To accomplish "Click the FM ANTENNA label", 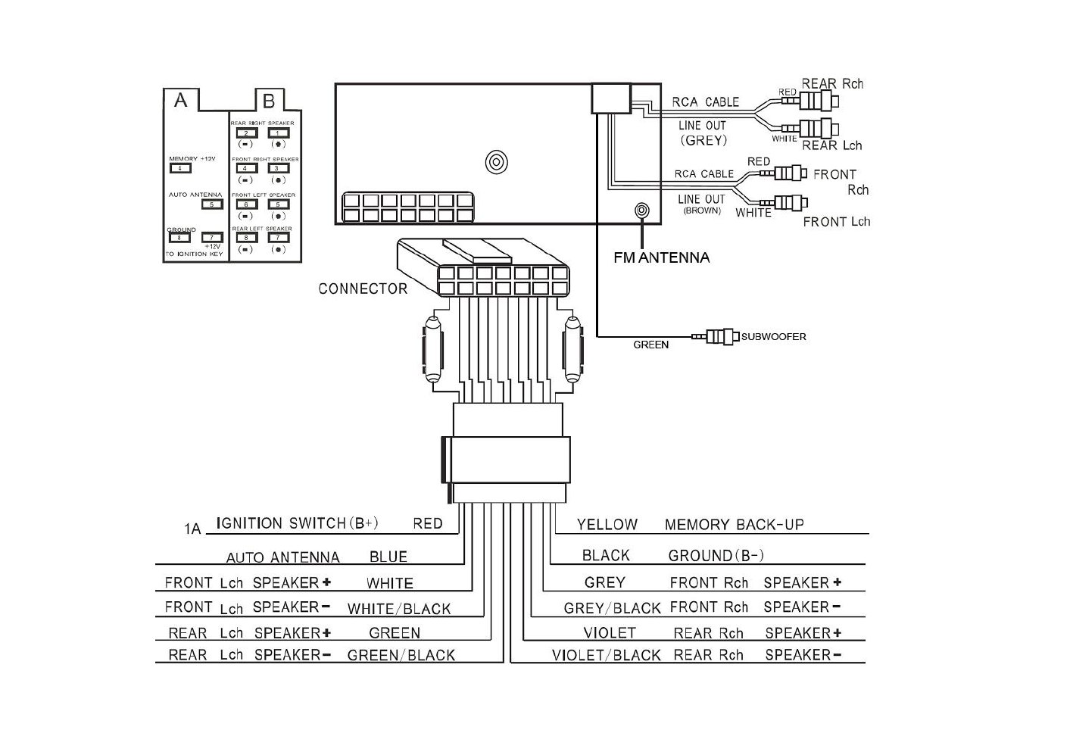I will click(661, 257).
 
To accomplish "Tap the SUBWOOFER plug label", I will click(773, 336).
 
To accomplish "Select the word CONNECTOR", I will click(363, 289).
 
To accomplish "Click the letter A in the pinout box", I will click(180, 100).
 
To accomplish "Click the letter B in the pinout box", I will click(268, 101).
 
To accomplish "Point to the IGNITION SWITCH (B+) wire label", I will click(297, 523).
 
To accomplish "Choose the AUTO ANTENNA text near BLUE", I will click(282, 558).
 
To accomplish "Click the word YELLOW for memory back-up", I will click(607, 524).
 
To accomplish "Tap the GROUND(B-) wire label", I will click(716, 556).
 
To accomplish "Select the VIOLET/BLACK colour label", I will click(606, 655).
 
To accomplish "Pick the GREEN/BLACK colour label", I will click(401, 655).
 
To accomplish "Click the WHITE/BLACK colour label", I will click(398, 609).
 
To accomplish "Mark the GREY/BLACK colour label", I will click(612, 608).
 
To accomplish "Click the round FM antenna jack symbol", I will click(641, 210).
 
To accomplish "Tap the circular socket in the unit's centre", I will click(496, 162).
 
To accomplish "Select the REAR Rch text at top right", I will click(831, 84).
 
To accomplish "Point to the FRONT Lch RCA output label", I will click(836, 222).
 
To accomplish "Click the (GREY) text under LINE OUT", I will click(703, 140).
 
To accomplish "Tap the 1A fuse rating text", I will click(192, 529).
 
